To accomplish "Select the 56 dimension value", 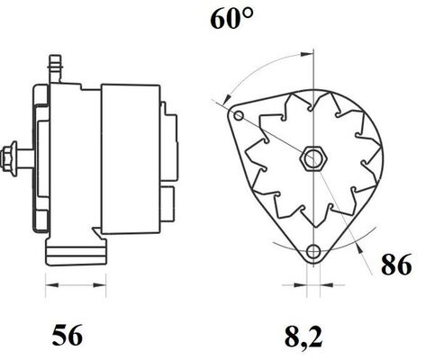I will [x=68, y=337].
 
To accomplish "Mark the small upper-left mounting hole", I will [x=238, y=117].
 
